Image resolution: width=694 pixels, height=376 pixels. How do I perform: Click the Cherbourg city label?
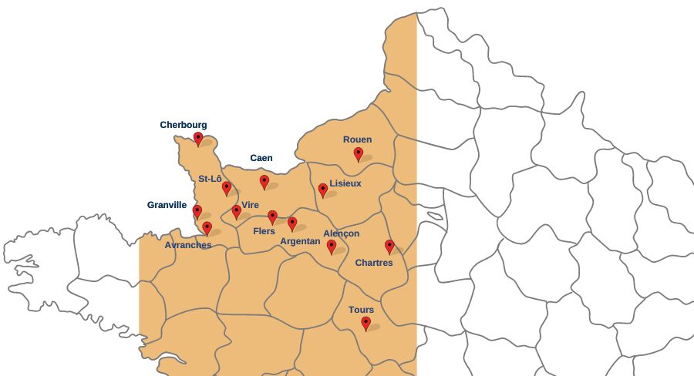(x=184, y=125)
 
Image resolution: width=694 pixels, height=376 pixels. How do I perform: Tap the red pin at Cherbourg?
(x=198, y=139)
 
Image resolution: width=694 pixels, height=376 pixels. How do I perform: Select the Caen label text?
(x=261, y=158)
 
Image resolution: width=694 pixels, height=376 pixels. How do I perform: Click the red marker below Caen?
(x=264, y=182)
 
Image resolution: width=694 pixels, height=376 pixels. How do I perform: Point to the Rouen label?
(x=357, y=139)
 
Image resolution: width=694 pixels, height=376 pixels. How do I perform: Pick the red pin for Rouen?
(x=359, y=154)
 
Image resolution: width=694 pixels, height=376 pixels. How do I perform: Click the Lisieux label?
(x=345, y=183)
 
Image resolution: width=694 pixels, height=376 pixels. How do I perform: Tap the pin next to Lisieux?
(x=323, y=190)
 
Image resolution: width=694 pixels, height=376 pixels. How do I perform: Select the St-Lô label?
(x=210, y=179)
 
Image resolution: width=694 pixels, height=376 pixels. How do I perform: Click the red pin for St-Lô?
(x=227, y=188)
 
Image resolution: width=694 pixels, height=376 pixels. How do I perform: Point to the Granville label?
(x=167, y=205)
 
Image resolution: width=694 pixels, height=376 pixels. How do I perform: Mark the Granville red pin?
(x=197, y=211)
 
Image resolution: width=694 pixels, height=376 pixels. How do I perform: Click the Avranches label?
(x=188, y=245)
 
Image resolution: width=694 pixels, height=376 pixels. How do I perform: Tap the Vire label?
(x=250, y=205)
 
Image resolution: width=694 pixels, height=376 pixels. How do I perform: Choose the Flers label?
(x=264, y=231)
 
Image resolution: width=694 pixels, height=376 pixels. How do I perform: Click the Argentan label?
(x=300, y=241)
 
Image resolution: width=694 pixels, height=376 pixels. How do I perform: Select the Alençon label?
(x=341, y=233)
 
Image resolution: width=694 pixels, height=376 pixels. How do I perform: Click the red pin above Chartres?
(x=389, y=247)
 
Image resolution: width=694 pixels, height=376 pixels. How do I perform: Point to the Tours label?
(x=361, y=310)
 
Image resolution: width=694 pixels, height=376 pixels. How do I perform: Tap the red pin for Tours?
(x=366, y=324)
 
